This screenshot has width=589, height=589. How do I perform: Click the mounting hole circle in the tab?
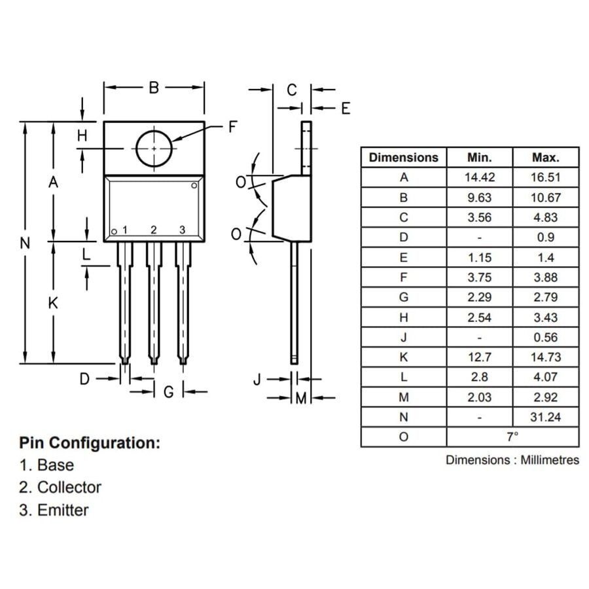click(154, 148)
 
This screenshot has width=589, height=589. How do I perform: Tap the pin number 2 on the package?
click(153, 230)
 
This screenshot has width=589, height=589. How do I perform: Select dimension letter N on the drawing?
click(25, 243)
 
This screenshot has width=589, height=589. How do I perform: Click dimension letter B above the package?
click(153, 88)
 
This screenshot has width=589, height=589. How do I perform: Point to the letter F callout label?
click(233, 127)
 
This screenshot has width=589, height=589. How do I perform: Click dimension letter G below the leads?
click(168, 391)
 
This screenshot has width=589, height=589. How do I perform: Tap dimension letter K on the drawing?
click(54, 303)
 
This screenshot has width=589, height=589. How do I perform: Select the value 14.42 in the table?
click(479, 177)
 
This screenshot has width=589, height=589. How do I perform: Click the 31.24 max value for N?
click(546, 417)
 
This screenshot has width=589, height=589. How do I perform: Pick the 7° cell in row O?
click(512, 437)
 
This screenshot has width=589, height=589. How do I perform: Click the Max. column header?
click(546, 157)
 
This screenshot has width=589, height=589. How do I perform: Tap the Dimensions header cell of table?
click(403, 157)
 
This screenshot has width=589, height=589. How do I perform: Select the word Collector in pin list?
click(69, 488)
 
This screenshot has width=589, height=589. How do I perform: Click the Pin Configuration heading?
click(90, 443)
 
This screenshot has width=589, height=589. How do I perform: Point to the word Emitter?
click(63, 510)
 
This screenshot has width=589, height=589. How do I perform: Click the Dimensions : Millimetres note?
click(512, 460)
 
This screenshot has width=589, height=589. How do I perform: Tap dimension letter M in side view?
click(301, 398)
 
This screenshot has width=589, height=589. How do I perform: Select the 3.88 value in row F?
click(546, 277)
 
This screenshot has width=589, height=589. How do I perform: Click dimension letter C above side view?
click(292, 90)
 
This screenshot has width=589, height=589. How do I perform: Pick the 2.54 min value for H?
click(479, 317)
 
